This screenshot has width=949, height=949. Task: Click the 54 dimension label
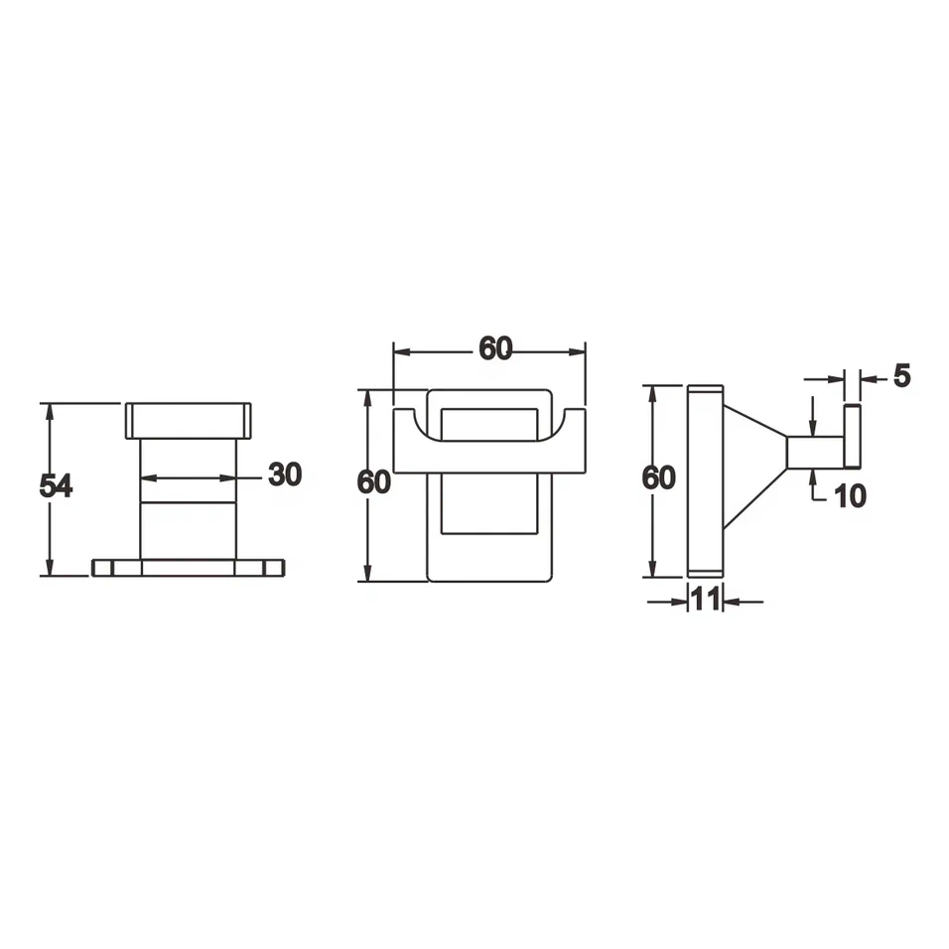(56, 486)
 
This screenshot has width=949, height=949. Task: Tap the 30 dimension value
(284, 474)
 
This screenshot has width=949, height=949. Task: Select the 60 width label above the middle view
(495, 348)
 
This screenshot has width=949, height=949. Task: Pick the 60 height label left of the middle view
(374, 481)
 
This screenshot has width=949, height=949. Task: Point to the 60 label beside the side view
(658, 477)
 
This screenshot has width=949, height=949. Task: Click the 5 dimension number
(901, 376)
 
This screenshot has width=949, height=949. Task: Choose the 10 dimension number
(850, 495)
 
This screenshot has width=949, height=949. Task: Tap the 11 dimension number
(705, 599)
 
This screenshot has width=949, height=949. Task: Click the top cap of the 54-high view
(188, 420)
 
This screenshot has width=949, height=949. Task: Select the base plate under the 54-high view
(188, 568)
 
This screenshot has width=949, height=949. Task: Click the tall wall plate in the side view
(705, 480)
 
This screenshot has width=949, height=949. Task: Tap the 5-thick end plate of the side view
(852, 436)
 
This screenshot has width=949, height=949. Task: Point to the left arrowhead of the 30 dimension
(145, 478)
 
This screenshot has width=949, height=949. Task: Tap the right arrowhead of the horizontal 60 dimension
(579, 350)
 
